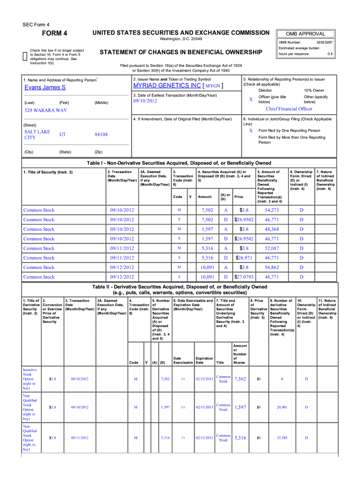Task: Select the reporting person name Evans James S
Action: pos(45,87)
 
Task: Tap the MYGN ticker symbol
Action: pos(213,87)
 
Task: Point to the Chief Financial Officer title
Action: pos(289,109)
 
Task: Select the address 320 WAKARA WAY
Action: pos(45,110)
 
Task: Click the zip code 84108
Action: pos(101,135)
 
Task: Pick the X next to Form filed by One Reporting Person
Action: pos(251,131)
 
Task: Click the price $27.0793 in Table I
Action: pos(244,277)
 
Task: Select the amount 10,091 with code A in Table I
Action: pos(207,268)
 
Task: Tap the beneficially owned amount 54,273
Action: pos(272,210)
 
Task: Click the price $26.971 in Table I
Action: pos(244,258)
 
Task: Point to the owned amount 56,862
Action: pos(272,268)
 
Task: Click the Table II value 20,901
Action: pos(281,407)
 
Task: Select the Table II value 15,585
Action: pos(281,438)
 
